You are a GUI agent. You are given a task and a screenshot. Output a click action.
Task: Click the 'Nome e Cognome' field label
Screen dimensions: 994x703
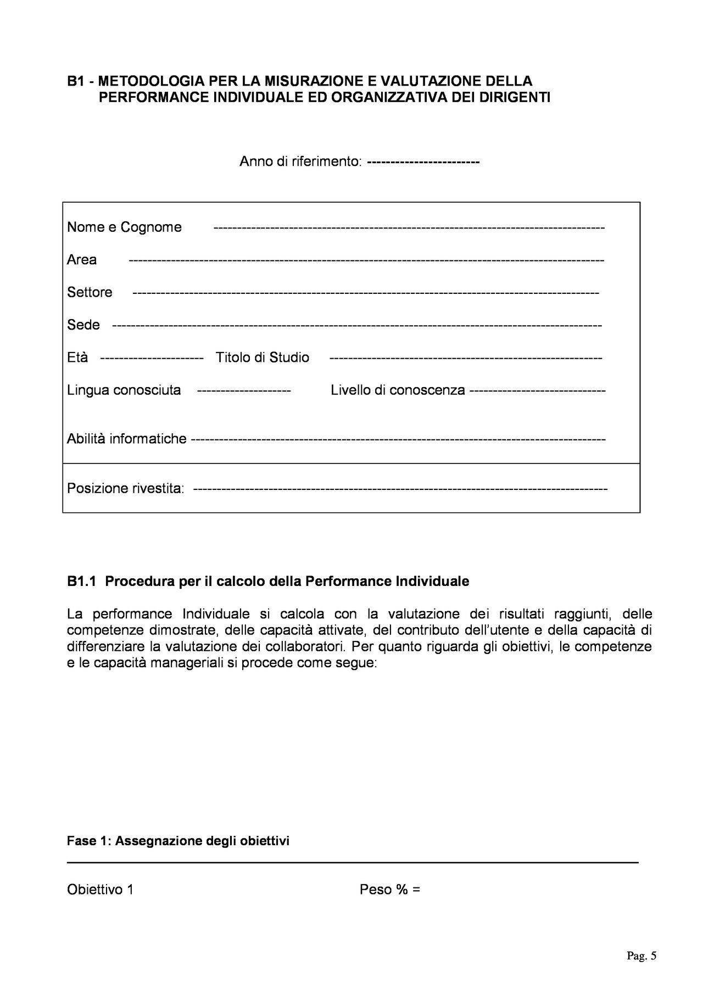[x=124, y=227]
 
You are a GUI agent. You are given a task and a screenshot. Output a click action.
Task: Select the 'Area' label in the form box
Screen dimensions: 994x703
[x=82, y=260]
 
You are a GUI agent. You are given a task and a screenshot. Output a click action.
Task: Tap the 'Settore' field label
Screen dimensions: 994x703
[x=90, y=292]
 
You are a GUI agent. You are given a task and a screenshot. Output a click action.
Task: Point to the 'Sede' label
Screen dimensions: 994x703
[x=83, y=325]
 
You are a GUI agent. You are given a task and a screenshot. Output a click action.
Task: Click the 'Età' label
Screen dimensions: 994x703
[x=77, y=358]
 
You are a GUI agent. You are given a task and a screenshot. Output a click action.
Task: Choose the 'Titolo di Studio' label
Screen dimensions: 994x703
[x=263, y=358]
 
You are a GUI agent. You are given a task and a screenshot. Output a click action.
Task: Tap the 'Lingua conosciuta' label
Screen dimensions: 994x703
[x=124, y=390]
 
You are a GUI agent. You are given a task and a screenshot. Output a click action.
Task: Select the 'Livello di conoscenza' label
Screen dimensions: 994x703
[x=398, y=390]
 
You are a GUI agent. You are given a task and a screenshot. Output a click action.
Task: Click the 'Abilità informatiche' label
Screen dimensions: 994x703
[x=127, y=439]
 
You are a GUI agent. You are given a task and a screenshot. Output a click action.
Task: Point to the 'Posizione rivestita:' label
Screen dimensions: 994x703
[x=126, y=488]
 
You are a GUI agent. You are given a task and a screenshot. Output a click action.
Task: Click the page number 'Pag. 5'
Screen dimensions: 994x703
[x=641, y=956]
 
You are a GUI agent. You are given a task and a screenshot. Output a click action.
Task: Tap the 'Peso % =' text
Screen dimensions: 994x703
[x=390, y=890]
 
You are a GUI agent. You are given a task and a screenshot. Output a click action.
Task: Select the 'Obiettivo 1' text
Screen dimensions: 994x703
[x=101, y=890]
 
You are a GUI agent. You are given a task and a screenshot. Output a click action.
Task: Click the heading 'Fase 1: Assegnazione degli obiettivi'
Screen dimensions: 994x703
[x=178, y=841]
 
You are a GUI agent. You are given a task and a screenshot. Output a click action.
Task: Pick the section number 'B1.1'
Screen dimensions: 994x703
[x=82, y=582]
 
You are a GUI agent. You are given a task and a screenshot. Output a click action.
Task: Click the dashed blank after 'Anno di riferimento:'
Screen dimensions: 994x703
[x=423, y=163]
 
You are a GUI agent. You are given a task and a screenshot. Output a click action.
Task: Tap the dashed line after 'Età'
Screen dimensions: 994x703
[x=153, y=358]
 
